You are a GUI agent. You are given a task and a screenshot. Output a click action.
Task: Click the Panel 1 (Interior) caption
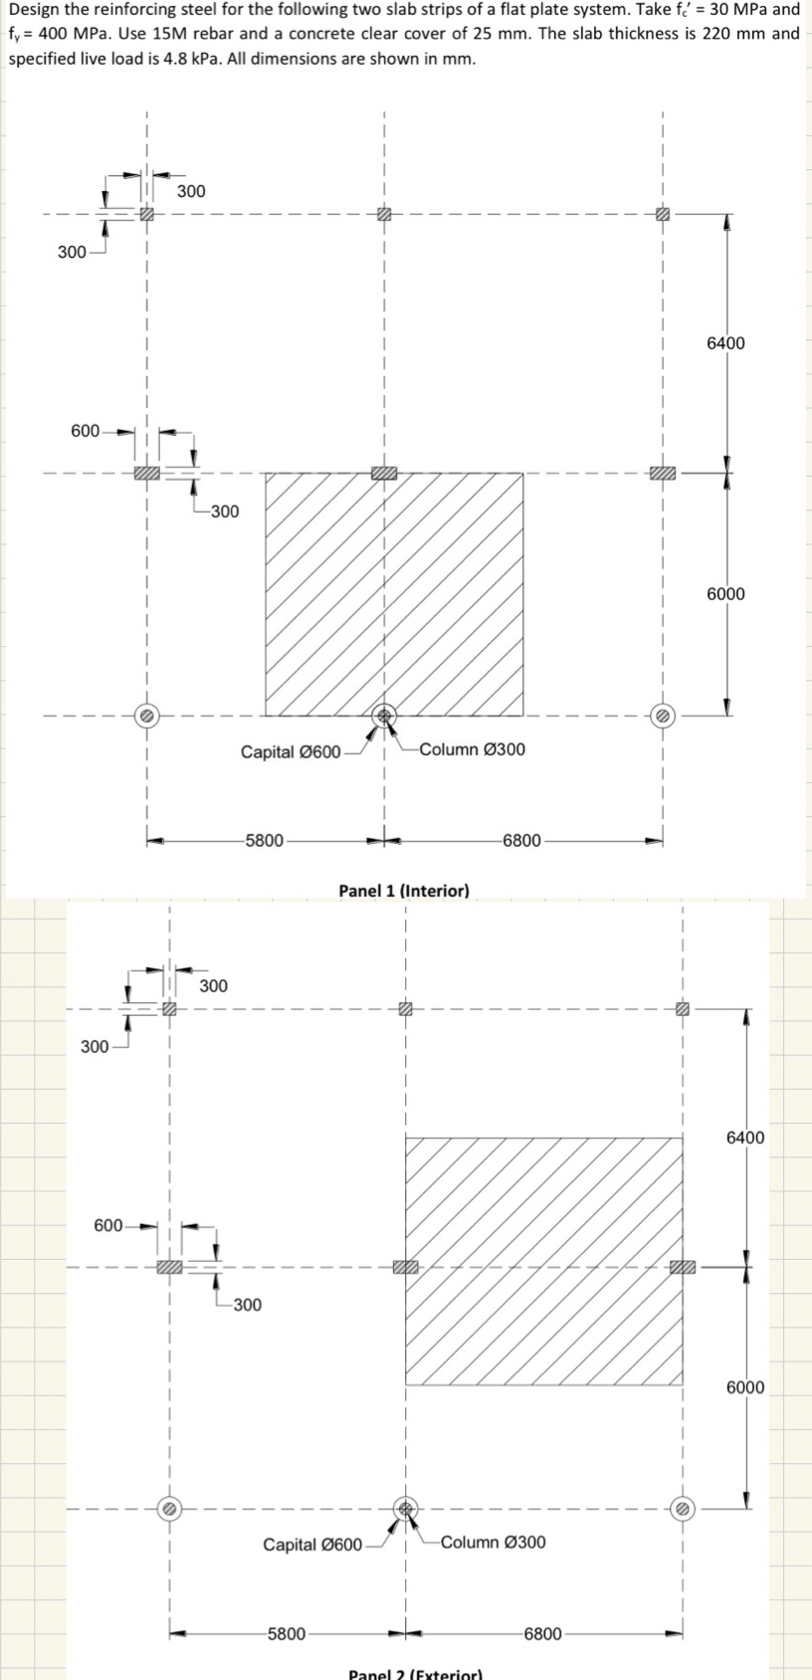(404, 890)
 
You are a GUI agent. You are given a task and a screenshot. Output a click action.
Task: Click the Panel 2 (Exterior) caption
(415, 1673)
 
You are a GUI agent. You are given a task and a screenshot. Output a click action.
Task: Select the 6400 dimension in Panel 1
(725, 343)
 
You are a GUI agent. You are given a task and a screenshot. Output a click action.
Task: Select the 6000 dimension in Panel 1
(725, 594)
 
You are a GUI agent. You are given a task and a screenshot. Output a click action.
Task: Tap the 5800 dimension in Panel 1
(265, 840)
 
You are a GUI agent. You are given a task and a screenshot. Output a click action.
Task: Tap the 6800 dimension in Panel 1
(521, 840)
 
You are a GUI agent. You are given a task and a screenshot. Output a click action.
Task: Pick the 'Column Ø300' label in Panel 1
(473, 748)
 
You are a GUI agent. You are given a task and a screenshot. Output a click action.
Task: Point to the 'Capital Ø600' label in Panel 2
(312, 1545)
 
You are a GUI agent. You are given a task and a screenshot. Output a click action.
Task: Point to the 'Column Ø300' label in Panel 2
(493, 1542)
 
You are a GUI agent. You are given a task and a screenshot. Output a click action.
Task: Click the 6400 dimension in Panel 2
(745, 1137)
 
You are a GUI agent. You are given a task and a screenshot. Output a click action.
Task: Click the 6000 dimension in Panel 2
(745, 1387)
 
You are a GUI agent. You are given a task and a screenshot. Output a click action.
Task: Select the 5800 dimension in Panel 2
(287, 1633)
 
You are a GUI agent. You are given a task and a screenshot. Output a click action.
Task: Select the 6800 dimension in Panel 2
(542, 1633)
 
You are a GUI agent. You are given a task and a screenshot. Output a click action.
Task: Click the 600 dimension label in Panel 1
(85, 431)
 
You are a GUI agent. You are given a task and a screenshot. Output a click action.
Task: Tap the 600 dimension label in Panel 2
(107, 1225)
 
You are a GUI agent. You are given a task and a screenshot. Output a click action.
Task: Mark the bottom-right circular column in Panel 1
(663, 715)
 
